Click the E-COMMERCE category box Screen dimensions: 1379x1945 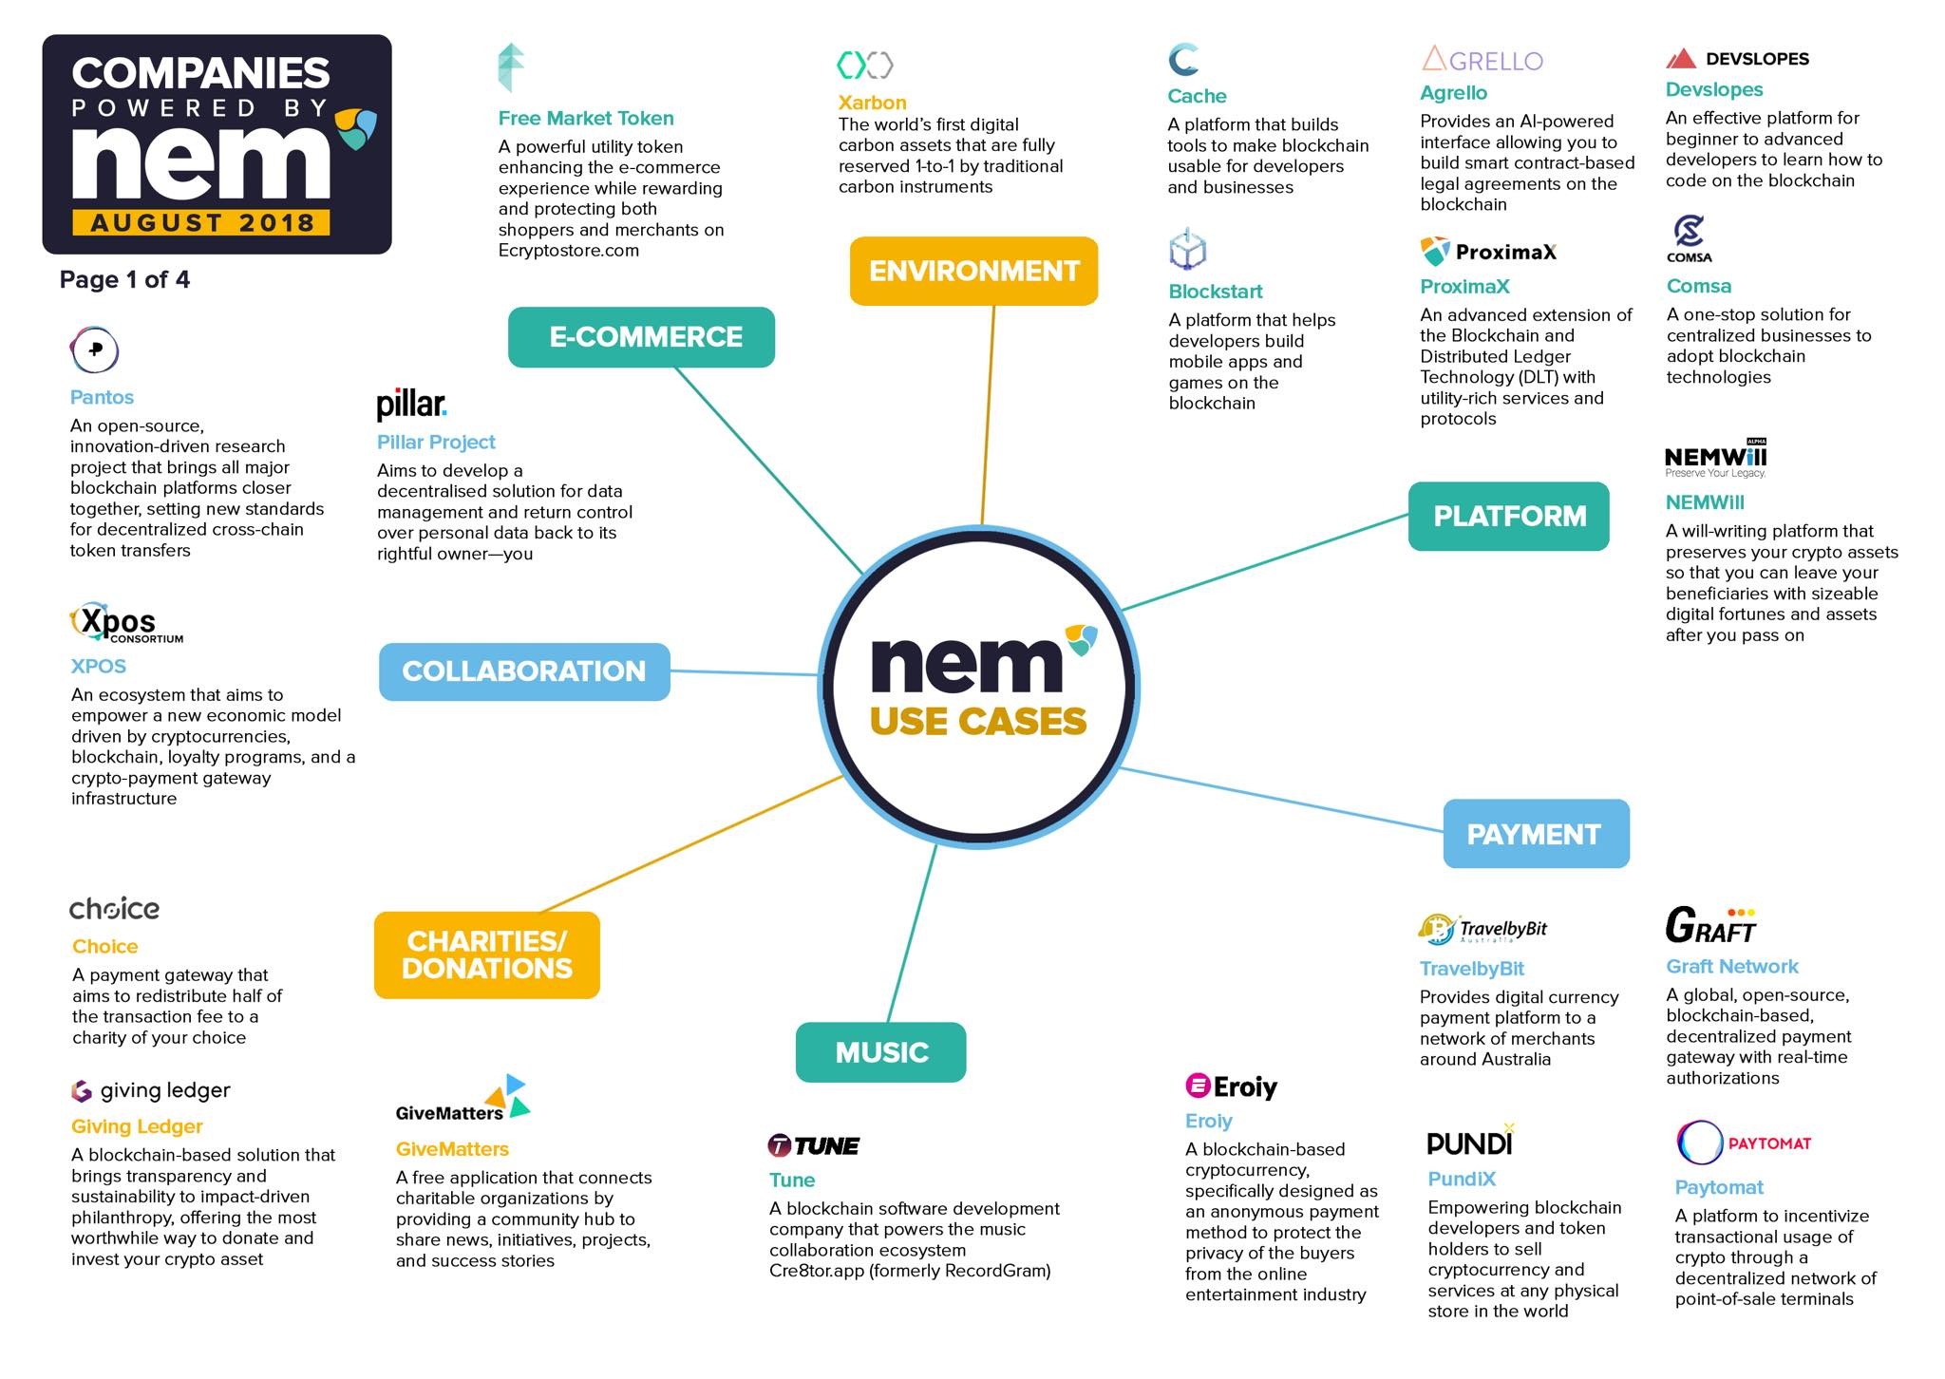click(x=641, y=337)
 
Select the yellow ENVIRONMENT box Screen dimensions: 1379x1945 click(x=973, y=272)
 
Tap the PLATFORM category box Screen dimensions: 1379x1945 click(x=1508, y=517)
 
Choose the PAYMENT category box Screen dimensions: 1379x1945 click(x=1536, y=834)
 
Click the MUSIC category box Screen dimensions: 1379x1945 click(x=880, y=1052)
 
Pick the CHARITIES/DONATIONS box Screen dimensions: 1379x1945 click(x=487, y=954)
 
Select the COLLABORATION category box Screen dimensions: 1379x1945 click(x=524, y=671)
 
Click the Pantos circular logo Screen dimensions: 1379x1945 click(x=94, y=350)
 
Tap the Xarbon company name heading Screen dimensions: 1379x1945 click(x=872, y=103)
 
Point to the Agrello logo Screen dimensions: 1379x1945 click(x=1482, y=60)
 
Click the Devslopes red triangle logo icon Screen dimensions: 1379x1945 click(x=1681, y=59)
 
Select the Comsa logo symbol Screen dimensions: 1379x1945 click(x=1689, y=231)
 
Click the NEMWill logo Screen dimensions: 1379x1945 click(x=1715, y=459)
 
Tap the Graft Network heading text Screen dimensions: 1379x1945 click(x=1731, y=967)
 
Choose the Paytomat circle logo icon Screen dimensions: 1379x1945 click(x=1699, y=1143)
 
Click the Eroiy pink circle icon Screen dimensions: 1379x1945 click(x=1198, y=1086)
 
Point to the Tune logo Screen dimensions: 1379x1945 click(x=813, y=1146)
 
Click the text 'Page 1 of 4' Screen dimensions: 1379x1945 click(x=124, y=280)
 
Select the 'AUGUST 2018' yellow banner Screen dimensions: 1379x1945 click(x=201, y=223)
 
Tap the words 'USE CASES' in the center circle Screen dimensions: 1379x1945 click(x=977, y=722)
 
